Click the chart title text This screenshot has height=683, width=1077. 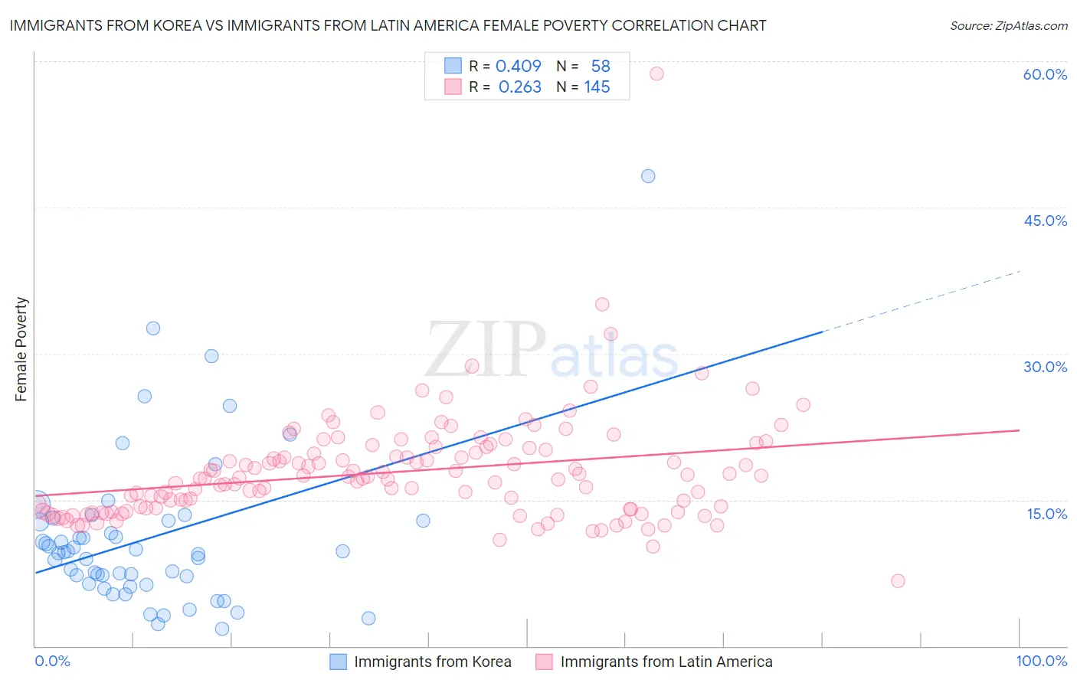click(388, 25)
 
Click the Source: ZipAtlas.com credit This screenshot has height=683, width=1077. click(1008, 25)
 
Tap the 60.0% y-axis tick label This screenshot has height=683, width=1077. click(1045, 74)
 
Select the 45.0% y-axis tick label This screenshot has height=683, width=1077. click(1045, 221)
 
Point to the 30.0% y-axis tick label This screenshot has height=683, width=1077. click(1045, 367)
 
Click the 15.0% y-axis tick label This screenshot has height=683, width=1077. click(1046, 514)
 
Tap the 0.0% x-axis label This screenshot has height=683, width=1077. click(52, 661)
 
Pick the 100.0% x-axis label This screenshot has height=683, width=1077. click(1041, 661)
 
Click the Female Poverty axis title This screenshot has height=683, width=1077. click(21, 349)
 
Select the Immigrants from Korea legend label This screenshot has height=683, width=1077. click(432, 662)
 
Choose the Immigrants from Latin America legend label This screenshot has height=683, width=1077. click(666, 662)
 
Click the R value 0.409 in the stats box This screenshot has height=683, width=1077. click(519, 66)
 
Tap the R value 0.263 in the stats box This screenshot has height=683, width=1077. click(519, 87)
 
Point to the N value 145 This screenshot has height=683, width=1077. click(597, 87)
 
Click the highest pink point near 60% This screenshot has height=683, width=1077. click(656, 74)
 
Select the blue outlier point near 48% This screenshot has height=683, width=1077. click(648, 176)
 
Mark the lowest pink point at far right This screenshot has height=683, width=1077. click(898, 581)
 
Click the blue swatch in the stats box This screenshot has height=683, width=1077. click(453, 66)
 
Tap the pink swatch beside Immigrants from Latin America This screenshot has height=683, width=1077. click(544, 662)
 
